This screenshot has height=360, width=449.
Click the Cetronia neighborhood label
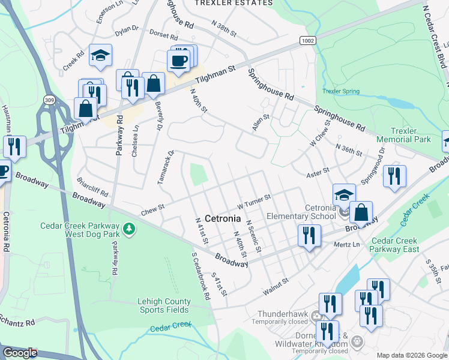click(x=223, y=218)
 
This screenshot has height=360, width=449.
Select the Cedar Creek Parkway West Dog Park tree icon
click(x=128, y=229)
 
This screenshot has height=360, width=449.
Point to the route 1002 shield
click(x=307, y=39)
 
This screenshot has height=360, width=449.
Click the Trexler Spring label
click(x=341, y=91)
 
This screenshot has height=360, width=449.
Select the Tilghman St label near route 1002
click(x=215, y=75)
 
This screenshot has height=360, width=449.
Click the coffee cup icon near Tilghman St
click(x=178, y=60)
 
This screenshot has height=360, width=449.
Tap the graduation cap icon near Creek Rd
click(x=101, y=56)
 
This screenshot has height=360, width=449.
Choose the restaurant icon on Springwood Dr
click(x=394, y=176)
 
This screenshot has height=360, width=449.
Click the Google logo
click(x=20, y=353)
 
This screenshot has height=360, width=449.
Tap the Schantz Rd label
click(x=17, y=323)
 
